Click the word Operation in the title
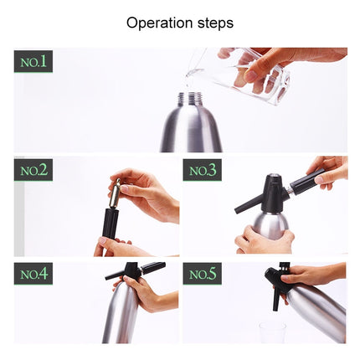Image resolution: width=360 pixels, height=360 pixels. (x=157, y=23)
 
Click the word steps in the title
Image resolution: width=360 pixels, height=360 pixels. (x=213, y=23)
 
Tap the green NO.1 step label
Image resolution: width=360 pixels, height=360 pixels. (x=33, y=61)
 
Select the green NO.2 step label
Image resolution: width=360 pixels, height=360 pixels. (x=33, y=172)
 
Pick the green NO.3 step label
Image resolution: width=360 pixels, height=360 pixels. (x=203, y=172)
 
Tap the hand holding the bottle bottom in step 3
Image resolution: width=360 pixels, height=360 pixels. (x=264, y=243)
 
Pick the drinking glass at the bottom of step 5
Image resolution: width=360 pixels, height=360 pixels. (x=272, y=332)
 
